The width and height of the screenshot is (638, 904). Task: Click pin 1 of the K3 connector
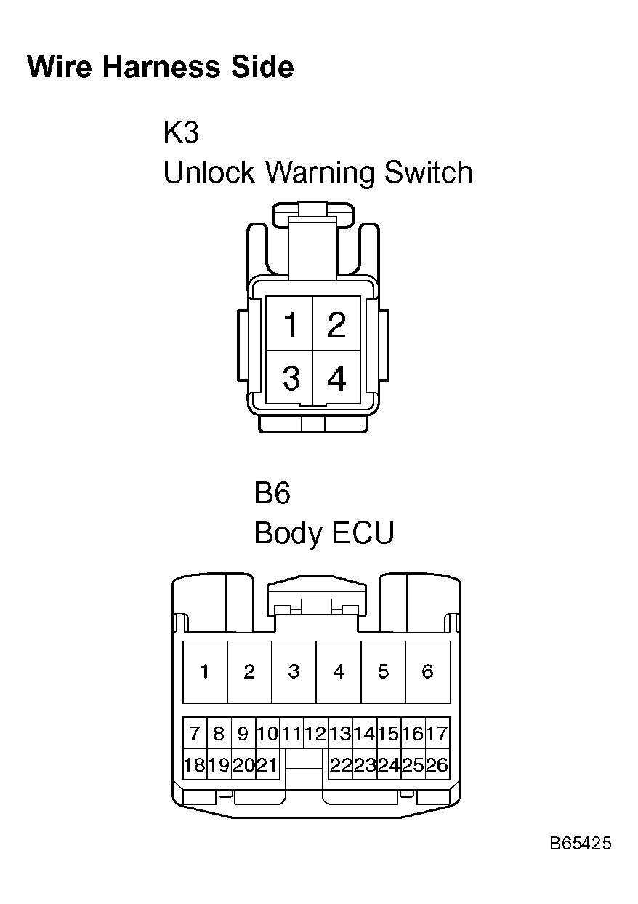pos(289,323)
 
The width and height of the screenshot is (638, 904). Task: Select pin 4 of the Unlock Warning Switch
pos(336,377)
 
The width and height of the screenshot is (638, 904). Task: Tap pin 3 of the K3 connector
pos(289,377)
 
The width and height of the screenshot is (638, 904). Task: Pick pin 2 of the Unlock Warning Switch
pos(336,323)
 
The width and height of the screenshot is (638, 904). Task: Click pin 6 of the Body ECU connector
pos(427,672)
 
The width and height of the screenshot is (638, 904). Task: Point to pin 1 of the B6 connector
pos(205,672)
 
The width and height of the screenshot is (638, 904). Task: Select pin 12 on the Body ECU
pos(316,733)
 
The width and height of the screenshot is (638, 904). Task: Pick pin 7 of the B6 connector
pos(195,733)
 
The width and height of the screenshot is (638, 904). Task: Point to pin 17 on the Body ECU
pos(437,733)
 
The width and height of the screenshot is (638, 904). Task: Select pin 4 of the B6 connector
pos(339,672)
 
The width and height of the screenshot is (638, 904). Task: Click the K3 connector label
pos(181,132)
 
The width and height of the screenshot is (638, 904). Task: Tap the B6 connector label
pos(272,493)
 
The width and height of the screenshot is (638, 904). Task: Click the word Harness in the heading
pos(161,67)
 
